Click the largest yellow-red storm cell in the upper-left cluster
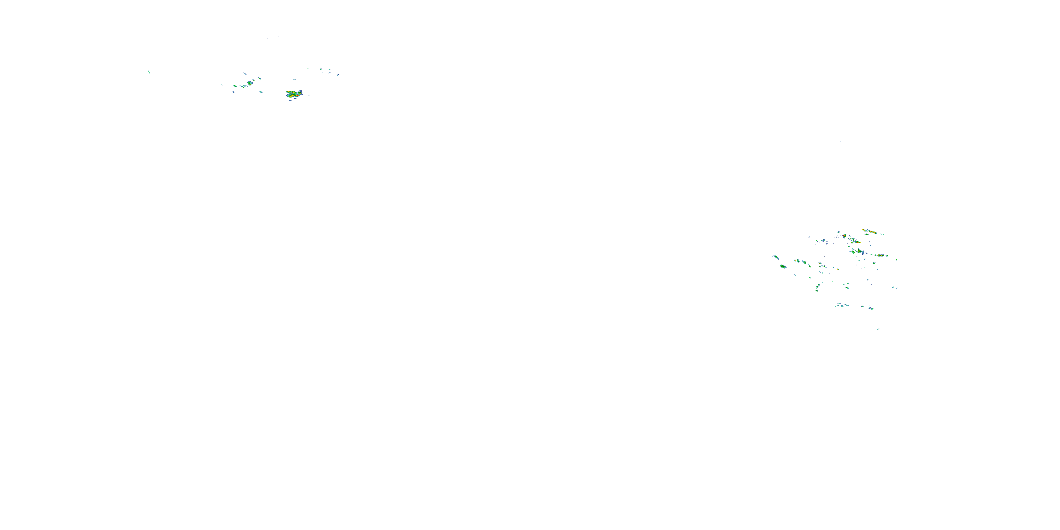294,94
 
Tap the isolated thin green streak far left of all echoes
149,72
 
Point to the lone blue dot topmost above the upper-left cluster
278,36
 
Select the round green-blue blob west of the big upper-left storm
250,83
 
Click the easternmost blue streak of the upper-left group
338,75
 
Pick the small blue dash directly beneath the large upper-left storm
290,100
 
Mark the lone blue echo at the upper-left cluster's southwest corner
233,92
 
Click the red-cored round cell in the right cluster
844,236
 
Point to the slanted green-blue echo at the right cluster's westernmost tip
776,257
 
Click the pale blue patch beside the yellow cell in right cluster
862,252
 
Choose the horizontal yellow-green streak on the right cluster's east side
880,255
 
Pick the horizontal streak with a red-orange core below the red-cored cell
856,242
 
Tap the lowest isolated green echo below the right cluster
878,329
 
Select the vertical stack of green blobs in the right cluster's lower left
817,288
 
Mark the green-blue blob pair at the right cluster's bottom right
871,308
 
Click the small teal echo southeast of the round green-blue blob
260,92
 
